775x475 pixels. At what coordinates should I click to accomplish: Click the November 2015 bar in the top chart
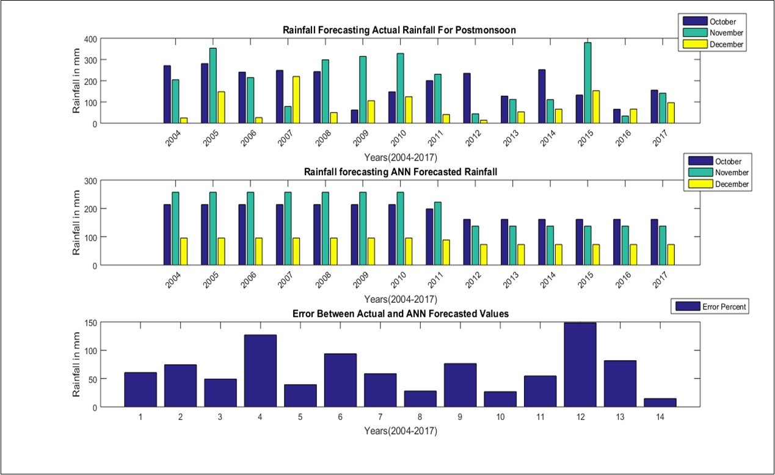(x=587, y=83)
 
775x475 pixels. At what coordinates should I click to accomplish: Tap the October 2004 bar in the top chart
(x=167, y=95)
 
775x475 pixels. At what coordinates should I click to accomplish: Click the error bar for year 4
(x=260, y=371)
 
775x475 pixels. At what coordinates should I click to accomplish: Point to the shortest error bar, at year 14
(x=660, y=402)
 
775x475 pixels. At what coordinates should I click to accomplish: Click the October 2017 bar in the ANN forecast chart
(x=654, y=242)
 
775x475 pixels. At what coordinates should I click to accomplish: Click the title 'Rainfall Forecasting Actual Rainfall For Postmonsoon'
(x=400, y=30)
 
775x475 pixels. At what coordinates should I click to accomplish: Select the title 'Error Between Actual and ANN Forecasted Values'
(x=401, y=313)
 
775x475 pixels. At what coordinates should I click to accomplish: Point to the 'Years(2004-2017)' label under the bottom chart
(x=401, y=430)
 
